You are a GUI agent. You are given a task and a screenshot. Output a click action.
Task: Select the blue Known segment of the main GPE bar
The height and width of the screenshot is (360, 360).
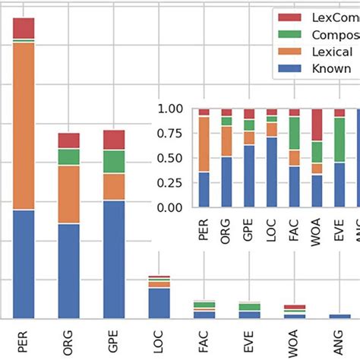(114, 258)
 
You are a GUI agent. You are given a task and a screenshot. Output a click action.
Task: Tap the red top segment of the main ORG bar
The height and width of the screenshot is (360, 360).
(69, 141)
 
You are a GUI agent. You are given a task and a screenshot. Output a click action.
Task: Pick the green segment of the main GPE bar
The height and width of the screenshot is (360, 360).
(114, 161)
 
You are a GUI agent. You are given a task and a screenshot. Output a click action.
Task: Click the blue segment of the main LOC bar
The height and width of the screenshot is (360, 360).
(159, 302)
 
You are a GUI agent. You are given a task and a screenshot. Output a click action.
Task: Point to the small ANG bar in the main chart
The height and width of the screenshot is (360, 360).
(339, 315)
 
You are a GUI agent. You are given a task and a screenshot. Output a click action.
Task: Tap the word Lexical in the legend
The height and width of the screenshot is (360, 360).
(333, 52)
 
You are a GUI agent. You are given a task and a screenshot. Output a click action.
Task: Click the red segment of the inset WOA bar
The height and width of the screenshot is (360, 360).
(317, 125)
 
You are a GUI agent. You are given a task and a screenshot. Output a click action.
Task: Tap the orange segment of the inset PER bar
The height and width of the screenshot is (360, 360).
(204, 144)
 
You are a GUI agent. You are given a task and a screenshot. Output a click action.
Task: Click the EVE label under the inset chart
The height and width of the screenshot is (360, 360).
(339, 229)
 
